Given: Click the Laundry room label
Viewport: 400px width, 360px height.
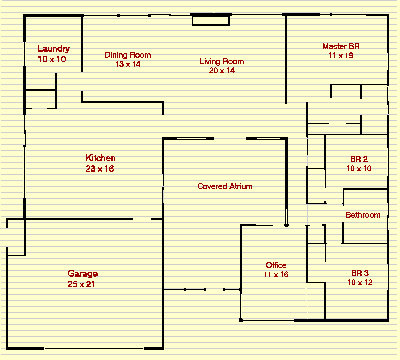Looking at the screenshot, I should coord(52,49).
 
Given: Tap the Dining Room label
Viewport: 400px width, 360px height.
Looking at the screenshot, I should coord(128,54).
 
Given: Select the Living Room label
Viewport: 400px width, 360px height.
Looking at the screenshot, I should coord(222,61).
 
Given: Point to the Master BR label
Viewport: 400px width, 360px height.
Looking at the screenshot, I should coord(341,47).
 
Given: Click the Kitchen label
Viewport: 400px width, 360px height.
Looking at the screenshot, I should coord(100,158).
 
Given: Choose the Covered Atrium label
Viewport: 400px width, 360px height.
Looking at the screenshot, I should coord(224,186).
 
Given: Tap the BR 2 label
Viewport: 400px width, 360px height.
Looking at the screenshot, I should coord(359,159).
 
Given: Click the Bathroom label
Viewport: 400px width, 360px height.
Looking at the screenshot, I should coord(362,215).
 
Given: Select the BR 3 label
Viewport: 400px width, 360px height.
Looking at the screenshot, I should coord(359,273).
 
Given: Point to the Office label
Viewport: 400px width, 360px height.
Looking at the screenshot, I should coord(276,264).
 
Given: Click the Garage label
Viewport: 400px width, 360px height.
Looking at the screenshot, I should coord(82,274).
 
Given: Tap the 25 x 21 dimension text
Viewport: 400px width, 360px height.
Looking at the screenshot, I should coord(82,284).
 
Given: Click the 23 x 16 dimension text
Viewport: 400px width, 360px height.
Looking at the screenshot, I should coord(100,169).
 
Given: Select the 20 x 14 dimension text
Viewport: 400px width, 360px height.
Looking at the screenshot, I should coord(222,71).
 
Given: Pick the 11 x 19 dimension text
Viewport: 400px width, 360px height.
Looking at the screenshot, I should coord(341,57).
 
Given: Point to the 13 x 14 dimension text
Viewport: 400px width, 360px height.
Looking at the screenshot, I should coord(128,64).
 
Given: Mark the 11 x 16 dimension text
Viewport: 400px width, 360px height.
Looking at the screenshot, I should coord(276,274).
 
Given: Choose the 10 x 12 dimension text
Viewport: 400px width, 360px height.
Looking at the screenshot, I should coord(359,283).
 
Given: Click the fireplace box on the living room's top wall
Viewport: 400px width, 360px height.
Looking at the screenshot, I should coord(211,20).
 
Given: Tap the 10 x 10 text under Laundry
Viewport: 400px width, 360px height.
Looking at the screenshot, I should coord(52,60).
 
